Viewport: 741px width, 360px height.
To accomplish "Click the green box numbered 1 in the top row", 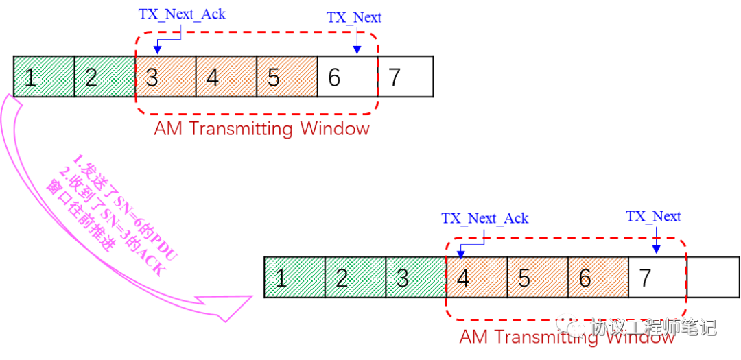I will pos(44,76).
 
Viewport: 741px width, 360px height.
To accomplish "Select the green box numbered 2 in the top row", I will pos(105,76).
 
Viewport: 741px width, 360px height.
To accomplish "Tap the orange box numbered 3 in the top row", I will pos(165,76).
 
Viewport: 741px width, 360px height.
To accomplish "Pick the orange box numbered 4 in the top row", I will pos(226,76).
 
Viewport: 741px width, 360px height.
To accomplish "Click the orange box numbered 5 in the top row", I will pos(287,76).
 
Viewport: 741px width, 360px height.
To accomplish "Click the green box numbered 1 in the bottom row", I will pos(295,277).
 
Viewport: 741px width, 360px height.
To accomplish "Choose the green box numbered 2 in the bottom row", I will pos(355,277).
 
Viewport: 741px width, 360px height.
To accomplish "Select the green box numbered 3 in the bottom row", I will pos(416,277).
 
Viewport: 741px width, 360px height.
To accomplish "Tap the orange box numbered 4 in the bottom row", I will pos(477,277).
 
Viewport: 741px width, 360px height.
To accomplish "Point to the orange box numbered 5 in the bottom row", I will pos(537,277).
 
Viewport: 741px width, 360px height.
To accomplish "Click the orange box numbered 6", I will pos(598,277).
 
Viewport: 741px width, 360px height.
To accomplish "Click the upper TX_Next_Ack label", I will pos(182,14).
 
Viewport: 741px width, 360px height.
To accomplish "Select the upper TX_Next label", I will pos(354,18).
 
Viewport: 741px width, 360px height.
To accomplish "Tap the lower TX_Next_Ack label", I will pos(484,218).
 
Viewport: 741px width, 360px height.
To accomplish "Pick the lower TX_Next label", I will pos(653,217).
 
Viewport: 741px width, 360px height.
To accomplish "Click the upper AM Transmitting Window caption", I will pos(261,128).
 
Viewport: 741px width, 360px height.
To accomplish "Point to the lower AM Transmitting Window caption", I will pos(566,337).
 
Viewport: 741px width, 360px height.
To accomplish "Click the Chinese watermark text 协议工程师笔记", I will pos(652,326).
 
